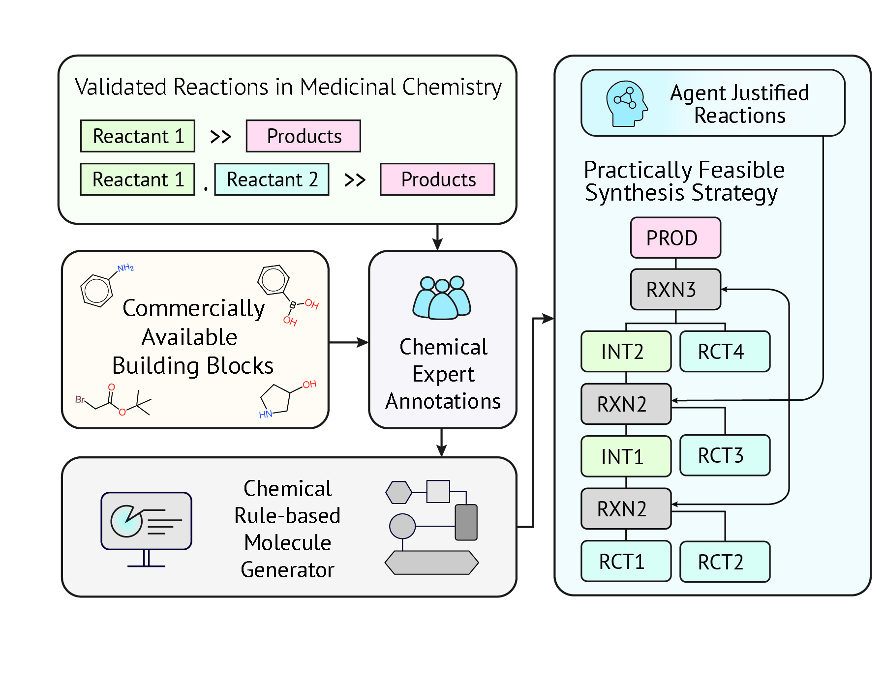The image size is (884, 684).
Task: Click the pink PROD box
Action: tap(675, 238)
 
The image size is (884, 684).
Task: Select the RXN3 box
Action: tap(675, 290)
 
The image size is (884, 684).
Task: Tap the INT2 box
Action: tap(625, 352)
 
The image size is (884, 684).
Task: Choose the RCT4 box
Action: tap(724, 352)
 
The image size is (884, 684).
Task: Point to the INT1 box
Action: tap(625, 456)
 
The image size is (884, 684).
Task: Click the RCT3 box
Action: tap(724, 455)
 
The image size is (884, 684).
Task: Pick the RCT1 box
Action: tap(625, 561)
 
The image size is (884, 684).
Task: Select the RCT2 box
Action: tap(724, 562)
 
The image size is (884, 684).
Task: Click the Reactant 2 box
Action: tap(272, 179)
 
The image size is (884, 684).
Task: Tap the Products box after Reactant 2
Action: tap(437, 179)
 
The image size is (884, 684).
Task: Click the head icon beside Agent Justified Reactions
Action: tap(626, 104)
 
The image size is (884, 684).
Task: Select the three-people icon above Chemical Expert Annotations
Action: tap(442, 298)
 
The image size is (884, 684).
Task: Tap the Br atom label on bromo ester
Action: tap(80, 399)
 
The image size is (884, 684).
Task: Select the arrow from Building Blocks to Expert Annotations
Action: tap(348, 342)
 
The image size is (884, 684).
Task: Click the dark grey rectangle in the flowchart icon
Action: tap(465, 522)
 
